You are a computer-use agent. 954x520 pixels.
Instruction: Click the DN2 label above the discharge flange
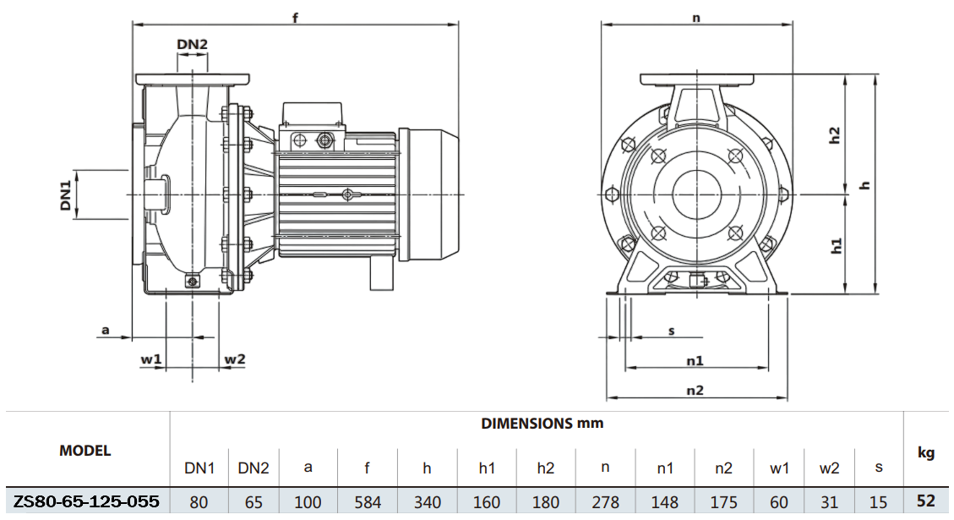tap(192, 44)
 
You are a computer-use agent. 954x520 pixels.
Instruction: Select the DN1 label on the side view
tap(65, 194)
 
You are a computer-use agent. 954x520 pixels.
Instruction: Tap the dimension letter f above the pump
tap(296, 18)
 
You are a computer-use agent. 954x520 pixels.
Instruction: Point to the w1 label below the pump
tap(150, 359)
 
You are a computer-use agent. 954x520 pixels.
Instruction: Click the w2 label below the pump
tap(234, 359)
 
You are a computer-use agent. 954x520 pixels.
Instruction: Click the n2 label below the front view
tap(695, 390)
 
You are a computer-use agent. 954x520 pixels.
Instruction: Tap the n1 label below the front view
tap(695, 360)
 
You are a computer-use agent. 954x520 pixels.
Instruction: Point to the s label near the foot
tap(672, 331)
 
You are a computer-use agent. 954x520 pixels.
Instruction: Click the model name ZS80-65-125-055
tap(85, 501)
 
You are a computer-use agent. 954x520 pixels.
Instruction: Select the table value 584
tap(368, 501)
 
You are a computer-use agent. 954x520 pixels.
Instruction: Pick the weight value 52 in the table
tap(926, 501)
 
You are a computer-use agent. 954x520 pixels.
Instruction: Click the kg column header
tap(926, 453)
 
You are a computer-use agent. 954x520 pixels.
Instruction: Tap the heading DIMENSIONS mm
tap(542, 423)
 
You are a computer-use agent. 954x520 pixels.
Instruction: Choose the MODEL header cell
tap(84, 451)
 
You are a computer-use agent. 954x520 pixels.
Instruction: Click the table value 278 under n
tap(606, 501)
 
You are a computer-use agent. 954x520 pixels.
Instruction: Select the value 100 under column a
tap(308, 501)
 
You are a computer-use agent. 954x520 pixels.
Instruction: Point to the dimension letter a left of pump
tap(106, 330)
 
